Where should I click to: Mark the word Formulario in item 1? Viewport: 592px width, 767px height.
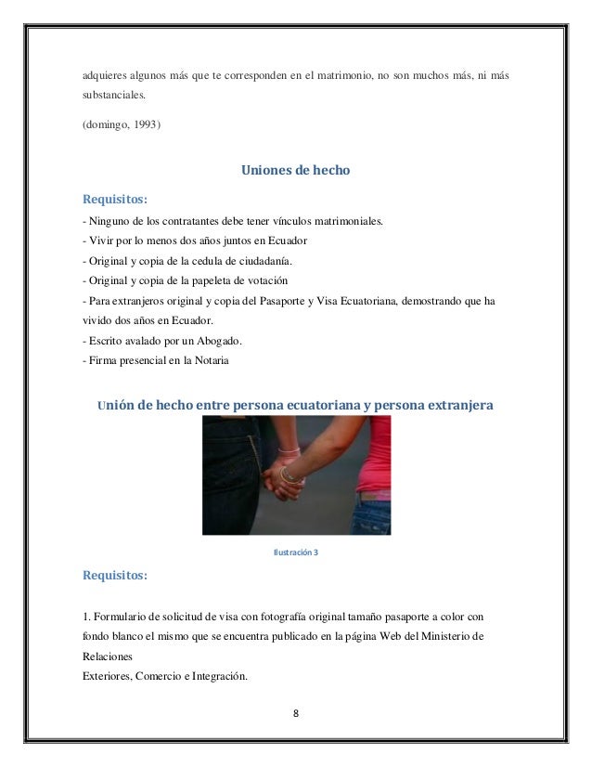click(123, 617)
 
